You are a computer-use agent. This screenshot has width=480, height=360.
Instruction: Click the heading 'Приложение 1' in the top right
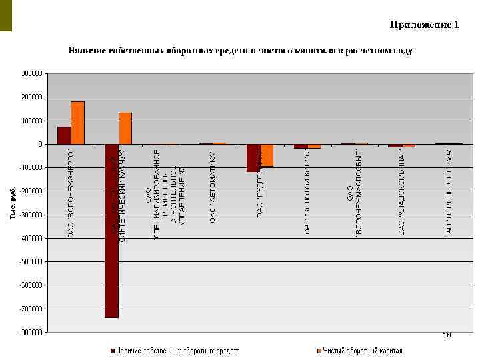coord(425,25)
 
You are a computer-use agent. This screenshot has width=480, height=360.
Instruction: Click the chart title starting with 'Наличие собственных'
coord(239,51)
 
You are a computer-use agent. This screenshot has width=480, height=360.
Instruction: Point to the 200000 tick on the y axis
coord(32,97)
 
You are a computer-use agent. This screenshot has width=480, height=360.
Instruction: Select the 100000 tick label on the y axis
coord(32,121)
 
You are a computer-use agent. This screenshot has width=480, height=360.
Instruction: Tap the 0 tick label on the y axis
coord(39,144)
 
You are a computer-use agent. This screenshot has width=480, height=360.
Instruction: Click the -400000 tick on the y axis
coord(31,238)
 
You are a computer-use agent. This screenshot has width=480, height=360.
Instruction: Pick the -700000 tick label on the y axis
coord(31,309)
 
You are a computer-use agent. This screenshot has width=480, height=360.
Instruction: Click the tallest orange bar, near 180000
coord(78,123)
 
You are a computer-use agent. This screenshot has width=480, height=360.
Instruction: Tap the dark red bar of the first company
coord(64,135)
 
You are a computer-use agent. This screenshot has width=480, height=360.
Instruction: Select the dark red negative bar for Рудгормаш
coord(253,158)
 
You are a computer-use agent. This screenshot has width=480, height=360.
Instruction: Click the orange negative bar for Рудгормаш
coord(267,155)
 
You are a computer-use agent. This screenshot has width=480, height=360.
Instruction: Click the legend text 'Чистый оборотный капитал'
coord(363,350)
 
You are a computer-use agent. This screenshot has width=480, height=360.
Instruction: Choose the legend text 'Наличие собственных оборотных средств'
coord(178,350)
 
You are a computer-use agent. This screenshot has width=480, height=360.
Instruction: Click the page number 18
coord(447,335)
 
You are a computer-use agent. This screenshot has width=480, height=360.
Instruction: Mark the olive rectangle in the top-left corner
coord(6,15)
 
